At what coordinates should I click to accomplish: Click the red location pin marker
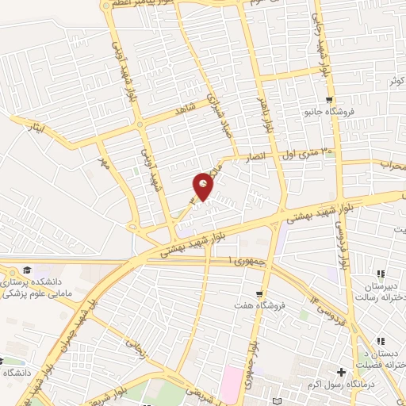(204, 186)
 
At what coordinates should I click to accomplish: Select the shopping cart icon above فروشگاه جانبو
(330, 100)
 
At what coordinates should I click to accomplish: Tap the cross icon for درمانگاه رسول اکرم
(342, 372)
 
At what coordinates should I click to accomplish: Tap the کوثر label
(397, 81)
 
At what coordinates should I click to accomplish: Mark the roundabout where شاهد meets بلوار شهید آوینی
(140, 123)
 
